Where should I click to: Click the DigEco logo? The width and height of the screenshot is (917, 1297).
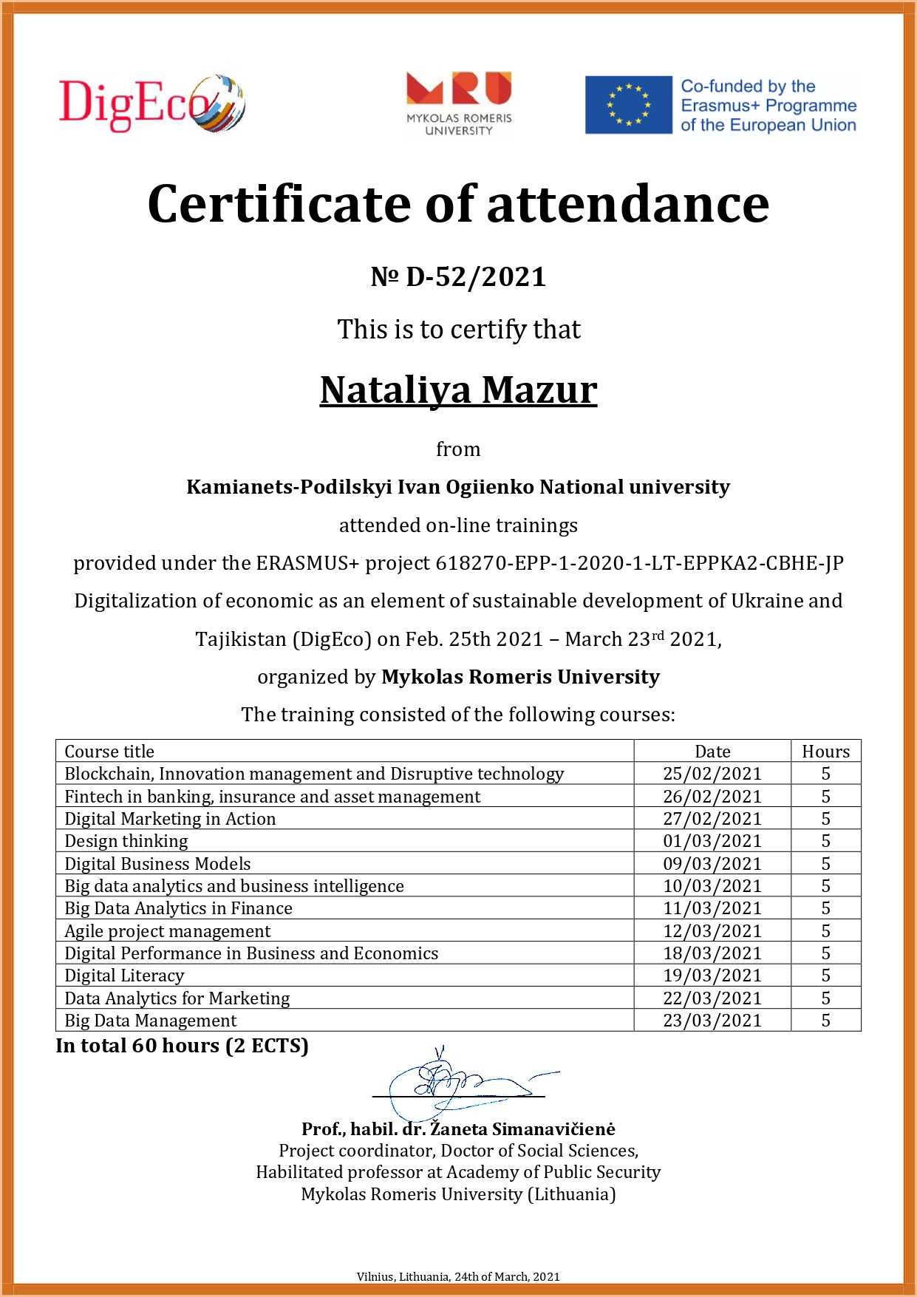click(151, 103)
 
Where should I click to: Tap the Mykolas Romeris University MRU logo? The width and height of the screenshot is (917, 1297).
click(459, 103)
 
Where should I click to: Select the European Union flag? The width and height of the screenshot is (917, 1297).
click(628, 105)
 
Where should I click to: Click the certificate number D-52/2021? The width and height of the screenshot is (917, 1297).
click(458, 277)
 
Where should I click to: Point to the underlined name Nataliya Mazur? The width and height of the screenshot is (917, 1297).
click(458, 390)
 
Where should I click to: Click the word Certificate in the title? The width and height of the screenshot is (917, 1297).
click(280, 204)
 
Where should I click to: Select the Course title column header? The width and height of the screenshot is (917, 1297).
click(109, 752)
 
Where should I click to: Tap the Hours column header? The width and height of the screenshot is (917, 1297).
click(825, 752)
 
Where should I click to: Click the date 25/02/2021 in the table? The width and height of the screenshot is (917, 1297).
click(712, 774)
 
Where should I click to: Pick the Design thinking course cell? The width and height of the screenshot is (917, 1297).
click(126, 841)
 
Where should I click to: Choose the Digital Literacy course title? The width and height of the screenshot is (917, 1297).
click(124, 976)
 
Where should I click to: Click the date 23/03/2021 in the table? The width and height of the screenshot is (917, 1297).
click(712, 1021)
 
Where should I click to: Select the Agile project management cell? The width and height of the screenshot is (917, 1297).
click(168, 931)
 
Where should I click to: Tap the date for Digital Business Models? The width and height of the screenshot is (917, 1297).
click(712, 864)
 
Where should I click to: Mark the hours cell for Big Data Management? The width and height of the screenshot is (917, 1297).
click(825, 1021)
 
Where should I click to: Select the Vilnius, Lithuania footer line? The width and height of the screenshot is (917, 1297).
click(458, 1276)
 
